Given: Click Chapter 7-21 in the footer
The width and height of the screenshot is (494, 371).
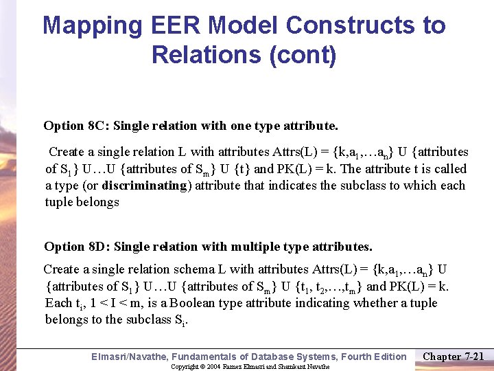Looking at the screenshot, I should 454,356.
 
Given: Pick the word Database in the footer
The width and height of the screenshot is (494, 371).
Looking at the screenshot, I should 283,357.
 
